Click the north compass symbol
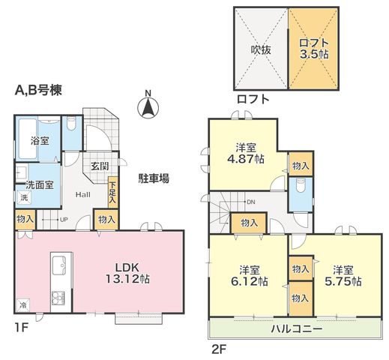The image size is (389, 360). pyautogui.click(x=148, y=106)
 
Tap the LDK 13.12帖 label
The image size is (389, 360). pyautogui.click(x=127, y=273)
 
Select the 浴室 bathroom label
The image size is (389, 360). pyautogui.click(x=40, y=141)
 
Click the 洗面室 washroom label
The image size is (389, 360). pyautogui.click(x=40, y=185)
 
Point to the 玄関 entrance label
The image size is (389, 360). pyautogui.click(x=100, y=166)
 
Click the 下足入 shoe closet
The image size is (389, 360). pyautogui.click(x=113, y=192)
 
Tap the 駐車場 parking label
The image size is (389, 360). pyautogui.click(x=154, y=178)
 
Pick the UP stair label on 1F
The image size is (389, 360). pyautogui.click(x=64, y=220)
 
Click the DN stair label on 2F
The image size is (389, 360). pyautogui.click(x=251, y=202)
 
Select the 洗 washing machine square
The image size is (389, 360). pyautogui.click(x=24, y=197)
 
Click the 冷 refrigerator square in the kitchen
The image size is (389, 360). pyautogui.click(x=23, y=305)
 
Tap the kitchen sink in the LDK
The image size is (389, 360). pyautogui.click(x=59, y=265)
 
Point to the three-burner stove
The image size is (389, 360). pyautogui.click(x=58, y=298)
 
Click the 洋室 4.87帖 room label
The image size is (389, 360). pyautogui.click(x=246, y=153)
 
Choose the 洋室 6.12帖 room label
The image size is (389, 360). pyautogui.click(x=250, y=276)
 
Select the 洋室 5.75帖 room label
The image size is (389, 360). pyautogui.click(x=343, y=276)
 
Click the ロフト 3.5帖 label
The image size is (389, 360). pyautogui.click(x=314, y=49)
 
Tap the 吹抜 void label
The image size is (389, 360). pyautogui.click(x=261, y=50)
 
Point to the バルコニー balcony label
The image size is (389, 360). pyautogui.click(x=297, y=328)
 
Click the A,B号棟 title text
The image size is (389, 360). pyautogui.click(x=38, y=90)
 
